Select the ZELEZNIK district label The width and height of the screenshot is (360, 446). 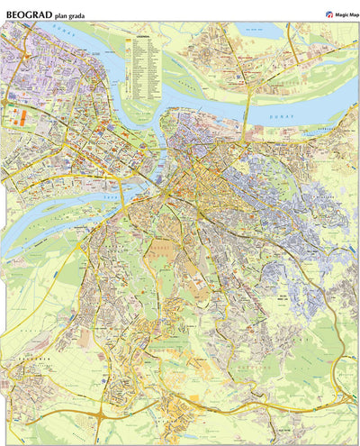click(x=20, y=357)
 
